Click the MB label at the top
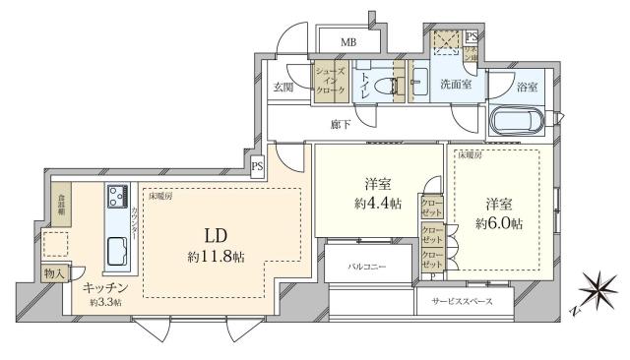pyautogui.click(x=347, y=42)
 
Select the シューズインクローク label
pyautogui.click(x=328, y=79)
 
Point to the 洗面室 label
pyautogui.click(x=455, y=85)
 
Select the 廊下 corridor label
pyautogui.click(x=341, y=125)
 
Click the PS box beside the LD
pyautogui.click(x=257, y=167)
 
